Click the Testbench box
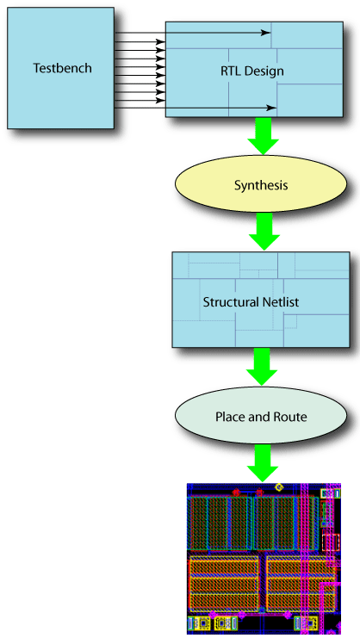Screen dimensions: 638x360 (61, 95)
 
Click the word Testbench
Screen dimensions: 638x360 (62, 68)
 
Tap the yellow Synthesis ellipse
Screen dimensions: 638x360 (260, 185)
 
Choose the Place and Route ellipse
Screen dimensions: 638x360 (260, 418)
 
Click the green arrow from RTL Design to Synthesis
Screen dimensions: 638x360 (261, 134)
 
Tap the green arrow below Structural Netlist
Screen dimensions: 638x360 (261, 367)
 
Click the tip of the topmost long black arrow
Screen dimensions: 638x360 (270, 34)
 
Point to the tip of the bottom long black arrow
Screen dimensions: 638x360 (275, 108)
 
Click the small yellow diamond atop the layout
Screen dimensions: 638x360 (279, 488)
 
